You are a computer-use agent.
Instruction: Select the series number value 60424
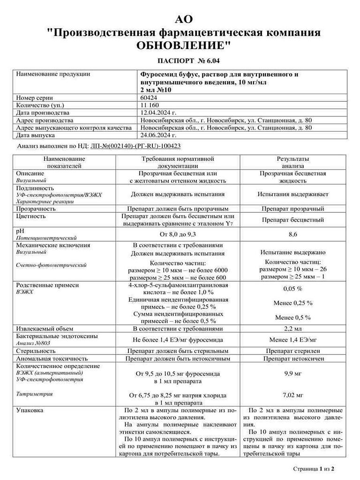tap(149, 97)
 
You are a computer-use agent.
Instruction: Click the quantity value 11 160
tap(150, 105)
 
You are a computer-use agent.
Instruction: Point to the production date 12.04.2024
tap(158, 112)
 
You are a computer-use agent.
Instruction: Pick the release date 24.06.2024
tap(158, 135)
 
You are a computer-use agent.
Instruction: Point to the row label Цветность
tap(31, 216)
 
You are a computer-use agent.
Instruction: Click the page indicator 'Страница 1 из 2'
tap(313, 468)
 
